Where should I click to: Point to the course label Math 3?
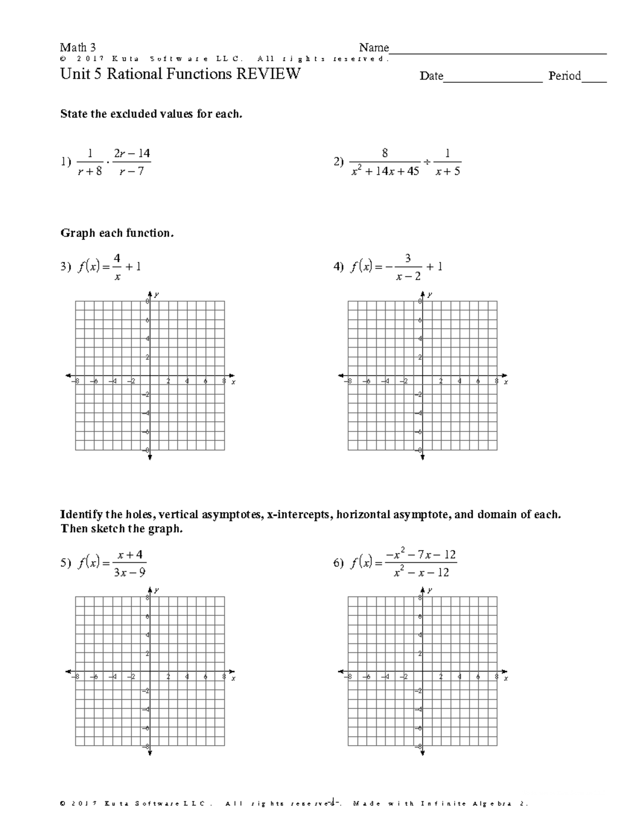[x=78, y=47]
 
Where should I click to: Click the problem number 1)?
[x=65, y=162]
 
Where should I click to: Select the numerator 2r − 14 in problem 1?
[x=132, y=153]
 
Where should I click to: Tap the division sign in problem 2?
[x=427, y=162]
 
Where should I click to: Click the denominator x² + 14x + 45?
[x=385, y=171]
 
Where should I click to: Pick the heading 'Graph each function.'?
[x=117, y=233]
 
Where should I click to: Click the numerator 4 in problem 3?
[x=117, y=258]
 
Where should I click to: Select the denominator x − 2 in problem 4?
[x=409, y=276]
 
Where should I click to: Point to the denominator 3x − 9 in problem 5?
[x=129, y=572]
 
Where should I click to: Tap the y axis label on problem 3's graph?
[x=157, y=294]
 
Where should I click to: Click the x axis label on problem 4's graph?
[x=505, y=382]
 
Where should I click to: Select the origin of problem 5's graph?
[x=150, y=671]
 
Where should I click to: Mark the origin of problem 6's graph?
[x=423, y=671]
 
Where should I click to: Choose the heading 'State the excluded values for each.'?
[x=151, y=114]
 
